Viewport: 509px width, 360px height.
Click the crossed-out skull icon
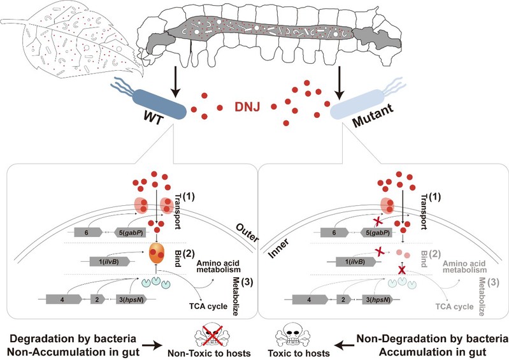click(x=210, y=332)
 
